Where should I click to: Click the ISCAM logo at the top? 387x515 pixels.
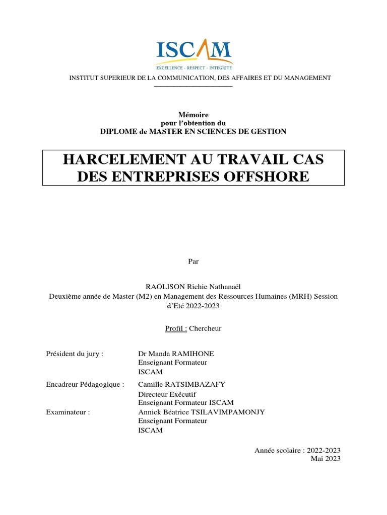[193, 53]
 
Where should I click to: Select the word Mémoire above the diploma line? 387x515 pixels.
[193, 115]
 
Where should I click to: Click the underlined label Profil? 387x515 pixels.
[176, 328]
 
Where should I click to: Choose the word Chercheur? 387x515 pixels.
[205, 328]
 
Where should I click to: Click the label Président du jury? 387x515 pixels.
[75, 354]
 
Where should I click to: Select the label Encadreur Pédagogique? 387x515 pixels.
[85, 384]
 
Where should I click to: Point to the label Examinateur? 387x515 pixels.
[68, 412]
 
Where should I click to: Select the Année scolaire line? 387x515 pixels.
[298, 450]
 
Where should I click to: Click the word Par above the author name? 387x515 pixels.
[193, 261]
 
